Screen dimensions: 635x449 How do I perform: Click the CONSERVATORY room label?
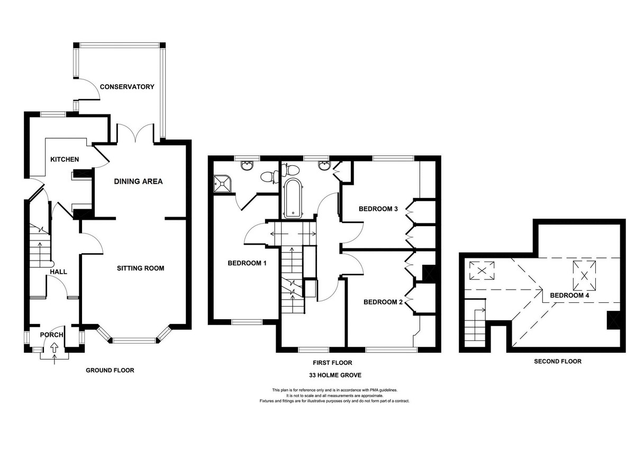[x=127, y=87]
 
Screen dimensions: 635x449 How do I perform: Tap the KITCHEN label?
[x=65, y=159]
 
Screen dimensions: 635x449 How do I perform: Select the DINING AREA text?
[x=138, y=181]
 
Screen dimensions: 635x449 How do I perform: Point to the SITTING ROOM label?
[x=141, y=268]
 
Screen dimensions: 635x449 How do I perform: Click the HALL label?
[x=58, y=272]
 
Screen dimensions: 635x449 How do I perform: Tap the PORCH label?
[x=52, y=335]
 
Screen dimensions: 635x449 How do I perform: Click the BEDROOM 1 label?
[x=247, y=263]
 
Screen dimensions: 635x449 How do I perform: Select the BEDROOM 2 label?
[x=383, y=302]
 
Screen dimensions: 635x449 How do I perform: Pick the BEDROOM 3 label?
[x=378, y=209]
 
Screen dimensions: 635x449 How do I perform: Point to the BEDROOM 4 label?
[x=569, y=295]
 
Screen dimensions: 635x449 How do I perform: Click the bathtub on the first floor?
[x=293, y=199]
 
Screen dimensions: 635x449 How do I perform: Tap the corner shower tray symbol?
[x=223, y=184]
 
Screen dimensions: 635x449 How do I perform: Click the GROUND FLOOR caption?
[x=110, y=371]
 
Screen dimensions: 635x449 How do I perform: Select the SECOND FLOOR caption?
[x=558, y=361]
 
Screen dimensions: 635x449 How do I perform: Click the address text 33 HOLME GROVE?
[x=335, y=375]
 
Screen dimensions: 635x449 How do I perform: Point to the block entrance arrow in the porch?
[x=54, y=347]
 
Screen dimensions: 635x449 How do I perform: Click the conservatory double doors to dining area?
[x=135, y=133]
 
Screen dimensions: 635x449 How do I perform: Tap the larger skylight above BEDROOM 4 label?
[x=584, y=275]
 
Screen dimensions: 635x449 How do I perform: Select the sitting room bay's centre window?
[x=134, y=340]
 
